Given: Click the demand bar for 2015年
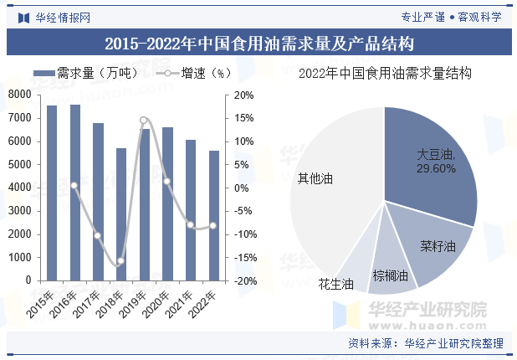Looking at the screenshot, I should (52, 193).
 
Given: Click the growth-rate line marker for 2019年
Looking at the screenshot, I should (144, 121).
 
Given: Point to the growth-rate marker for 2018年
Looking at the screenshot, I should (121, 261).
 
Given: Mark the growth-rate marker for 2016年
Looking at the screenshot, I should (74, 185).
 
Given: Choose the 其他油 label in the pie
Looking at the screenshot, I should (315, 179).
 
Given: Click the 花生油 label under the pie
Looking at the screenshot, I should (335, 285).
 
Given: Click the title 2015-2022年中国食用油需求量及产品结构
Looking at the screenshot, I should (258, 42).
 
